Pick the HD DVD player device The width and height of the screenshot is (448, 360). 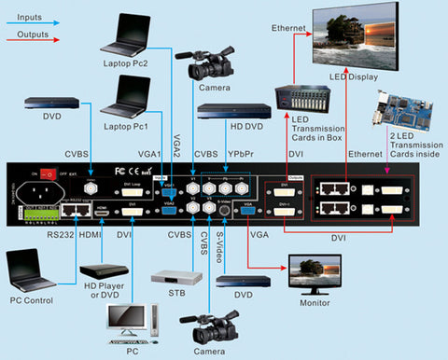pos(233,111)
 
